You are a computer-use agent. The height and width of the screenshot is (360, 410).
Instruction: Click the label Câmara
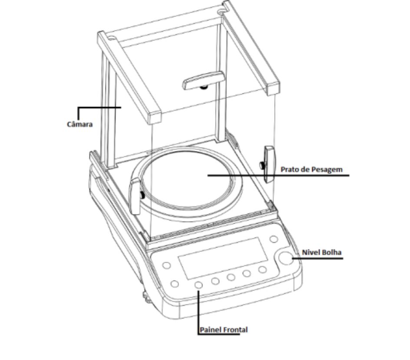pos(80,124)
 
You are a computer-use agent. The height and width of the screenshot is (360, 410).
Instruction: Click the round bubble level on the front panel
pos(285,258)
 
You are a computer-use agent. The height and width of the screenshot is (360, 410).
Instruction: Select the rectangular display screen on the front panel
pos(223,258)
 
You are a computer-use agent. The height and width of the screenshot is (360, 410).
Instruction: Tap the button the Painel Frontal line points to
pos(199,285)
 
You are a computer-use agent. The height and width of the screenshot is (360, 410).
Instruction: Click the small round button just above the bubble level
pos(274,239)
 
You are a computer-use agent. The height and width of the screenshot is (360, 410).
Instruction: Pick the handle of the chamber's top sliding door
pos(203,80)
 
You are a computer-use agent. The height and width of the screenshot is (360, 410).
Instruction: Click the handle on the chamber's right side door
pos(269,164)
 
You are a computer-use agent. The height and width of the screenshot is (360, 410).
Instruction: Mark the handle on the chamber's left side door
pos(135,196)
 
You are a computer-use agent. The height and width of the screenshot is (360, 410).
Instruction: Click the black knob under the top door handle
pos(203,87)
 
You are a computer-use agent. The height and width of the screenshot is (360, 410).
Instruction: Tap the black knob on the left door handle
pos(142,195)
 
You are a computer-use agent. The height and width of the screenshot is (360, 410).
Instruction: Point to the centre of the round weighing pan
pos(187,180)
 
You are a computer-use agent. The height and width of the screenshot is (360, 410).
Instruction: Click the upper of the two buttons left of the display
pos(167,265)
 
